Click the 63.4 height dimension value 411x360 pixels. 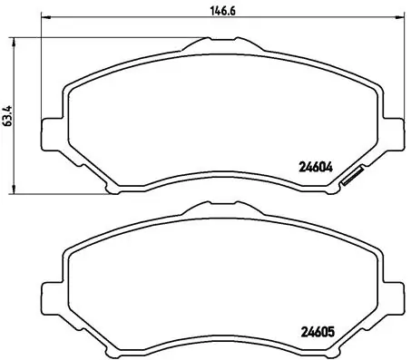coord(8,114)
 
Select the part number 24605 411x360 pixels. coord(315,330)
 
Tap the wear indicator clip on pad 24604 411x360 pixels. coord(349,179)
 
